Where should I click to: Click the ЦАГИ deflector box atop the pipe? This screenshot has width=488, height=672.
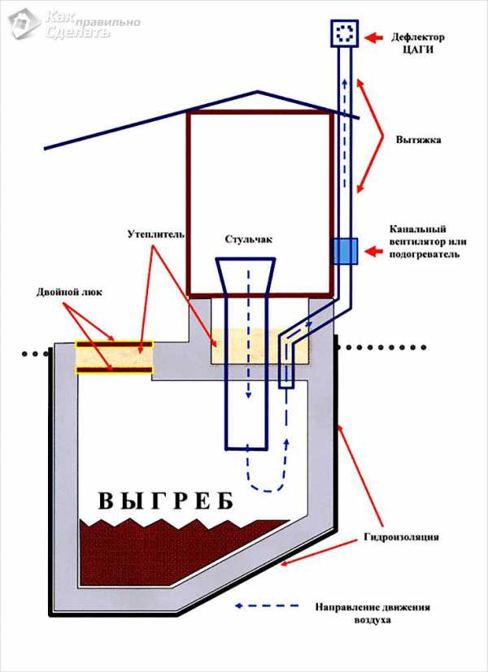click(343, 33)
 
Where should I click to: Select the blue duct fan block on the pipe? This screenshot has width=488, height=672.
click(343, 250)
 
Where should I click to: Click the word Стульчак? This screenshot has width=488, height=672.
click(248, 240)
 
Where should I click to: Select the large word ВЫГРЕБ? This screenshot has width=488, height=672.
click(165, 500)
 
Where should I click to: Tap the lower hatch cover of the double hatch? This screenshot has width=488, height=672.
click(113, 369)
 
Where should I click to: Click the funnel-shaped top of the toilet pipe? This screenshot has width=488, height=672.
click(246, 277)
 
